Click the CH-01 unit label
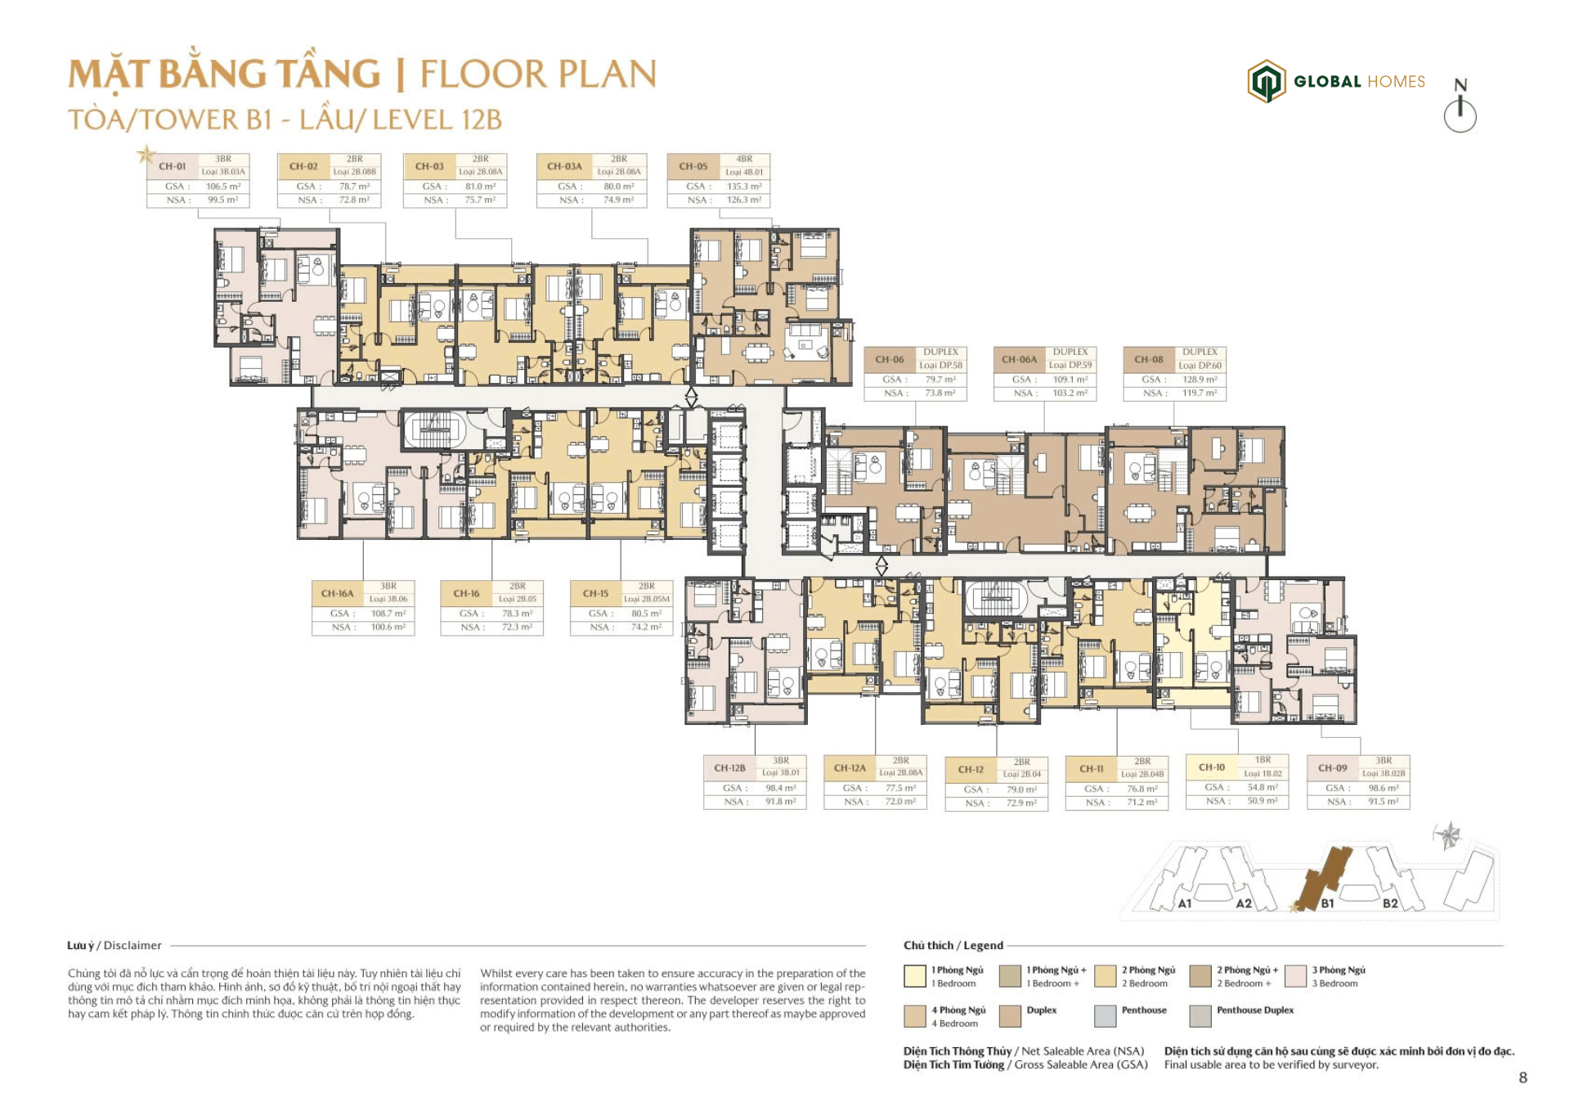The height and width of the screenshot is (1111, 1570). (x=173, y=166)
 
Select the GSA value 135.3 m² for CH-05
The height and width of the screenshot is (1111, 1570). (x=743, y=187)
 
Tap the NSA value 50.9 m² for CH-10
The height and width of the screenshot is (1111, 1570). (x=1262, y=801)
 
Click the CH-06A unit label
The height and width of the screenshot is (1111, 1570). (x=1019, y=359)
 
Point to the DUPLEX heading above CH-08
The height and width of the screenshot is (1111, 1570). (x=1200, y=352)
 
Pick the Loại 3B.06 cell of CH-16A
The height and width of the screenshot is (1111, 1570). (x=388, y=599)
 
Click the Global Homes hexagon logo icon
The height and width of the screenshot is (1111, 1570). (x=1266, y=81)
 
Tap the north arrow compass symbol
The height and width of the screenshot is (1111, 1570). (x=1460, y=110)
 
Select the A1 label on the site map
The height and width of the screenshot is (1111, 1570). (x=1184, y=903)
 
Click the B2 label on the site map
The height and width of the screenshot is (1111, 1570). (x=1390, y=903)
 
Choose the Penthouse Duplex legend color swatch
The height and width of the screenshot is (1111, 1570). (x=1200, y=1015)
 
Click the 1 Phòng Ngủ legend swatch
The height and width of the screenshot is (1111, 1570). (x=914, y=976)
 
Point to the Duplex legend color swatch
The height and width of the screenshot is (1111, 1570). (x=1010, y=1015)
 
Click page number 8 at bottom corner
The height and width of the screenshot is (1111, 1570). (x=1523, y=1077)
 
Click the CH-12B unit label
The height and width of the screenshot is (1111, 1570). (x=729, y=768)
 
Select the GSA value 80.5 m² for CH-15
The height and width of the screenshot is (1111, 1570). (x=646, y=613)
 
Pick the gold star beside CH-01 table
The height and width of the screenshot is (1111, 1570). (x=146, y=154)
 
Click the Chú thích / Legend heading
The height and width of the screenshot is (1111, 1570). (x=953, y=945)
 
